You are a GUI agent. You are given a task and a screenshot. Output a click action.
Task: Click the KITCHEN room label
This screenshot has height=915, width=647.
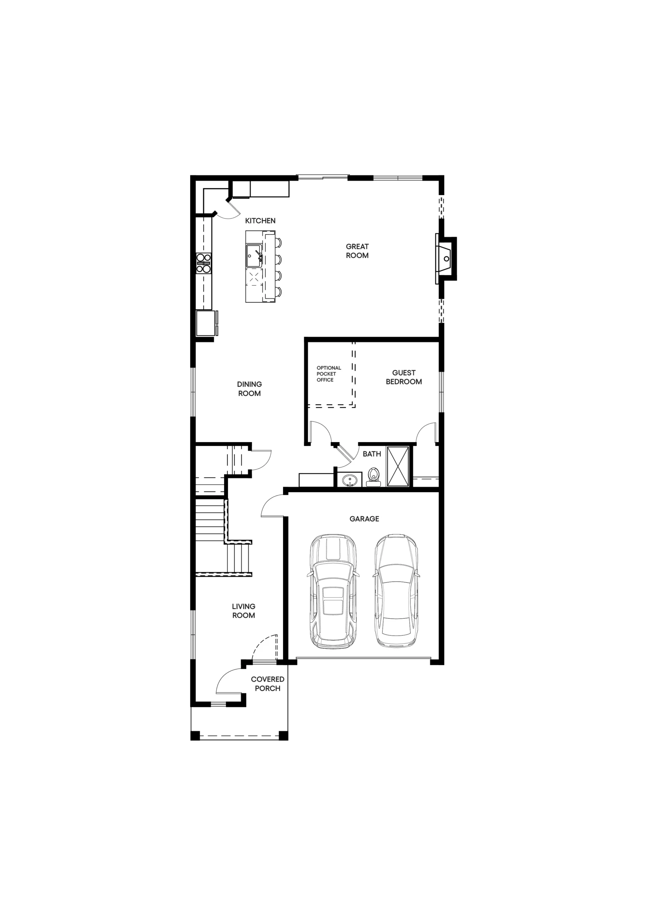pos(260,221)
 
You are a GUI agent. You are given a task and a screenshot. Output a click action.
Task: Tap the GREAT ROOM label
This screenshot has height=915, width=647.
pos(357,251)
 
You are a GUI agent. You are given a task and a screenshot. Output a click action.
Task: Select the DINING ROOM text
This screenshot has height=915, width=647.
pos(250,389)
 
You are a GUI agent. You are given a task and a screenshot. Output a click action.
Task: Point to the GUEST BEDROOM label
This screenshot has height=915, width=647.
pos(404,377)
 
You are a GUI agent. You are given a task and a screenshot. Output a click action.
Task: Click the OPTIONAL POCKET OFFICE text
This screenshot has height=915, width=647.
pos(329,374)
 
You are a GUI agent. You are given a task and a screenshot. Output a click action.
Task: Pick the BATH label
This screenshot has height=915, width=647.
pos(372,454)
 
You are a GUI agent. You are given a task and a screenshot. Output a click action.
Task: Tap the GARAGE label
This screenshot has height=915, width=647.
pos(364,519)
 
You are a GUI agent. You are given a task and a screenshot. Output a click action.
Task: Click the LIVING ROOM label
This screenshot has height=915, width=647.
pos(243,611)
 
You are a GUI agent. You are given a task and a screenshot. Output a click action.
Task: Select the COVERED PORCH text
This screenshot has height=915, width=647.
pos(267,684)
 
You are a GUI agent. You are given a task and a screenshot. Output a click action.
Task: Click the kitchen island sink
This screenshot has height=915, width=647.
pos(254,256)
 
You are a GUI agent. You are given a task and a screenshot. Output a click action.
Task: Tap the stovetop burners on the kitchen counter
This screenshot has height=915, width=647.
pos(203,263)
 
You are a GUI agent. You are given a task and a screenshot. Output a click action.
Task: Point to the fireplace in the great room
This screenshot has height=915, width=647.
pos(446,259)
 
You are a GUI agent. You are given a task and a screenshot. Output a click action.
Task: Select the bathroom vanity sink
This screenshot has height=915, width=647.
pos(350,480)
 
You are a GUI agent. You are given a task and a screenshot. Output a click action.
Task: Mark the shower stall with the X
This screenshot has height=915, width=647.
pos(398,467)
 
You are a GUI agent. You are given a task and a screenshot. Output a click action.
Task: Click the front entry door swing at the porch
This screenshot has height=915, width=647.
pos(229,681)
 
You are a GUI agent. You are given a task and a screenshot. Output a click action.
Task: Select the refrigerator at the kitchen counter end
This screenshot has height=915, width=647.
pos(207,323)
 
